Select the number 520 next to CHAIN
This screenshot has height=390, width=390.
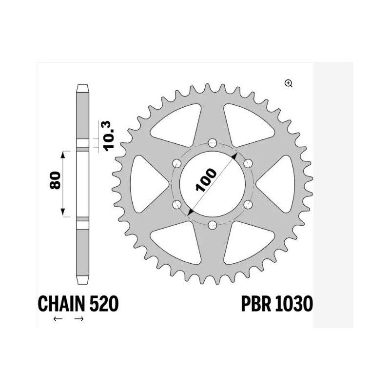[x=103, y=304]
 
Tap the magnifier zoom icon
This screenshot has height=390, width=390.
[x=289, y=83]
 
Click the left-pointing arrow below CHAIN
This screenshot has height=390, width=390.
[x=58, y=319]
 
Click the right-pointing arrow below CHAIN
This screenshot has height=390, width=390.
[x=79, y=319]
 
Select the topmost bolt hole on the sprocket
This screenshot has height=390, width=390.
[x=212, y=142]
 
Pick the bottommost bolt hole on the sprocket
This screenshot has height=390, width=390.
[x=212, y=225]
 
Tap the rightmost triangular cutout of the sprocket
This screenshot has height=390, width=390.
[x=279, y=183]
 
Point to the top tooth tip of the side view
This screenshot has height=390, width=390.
[x=82, y=88]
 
